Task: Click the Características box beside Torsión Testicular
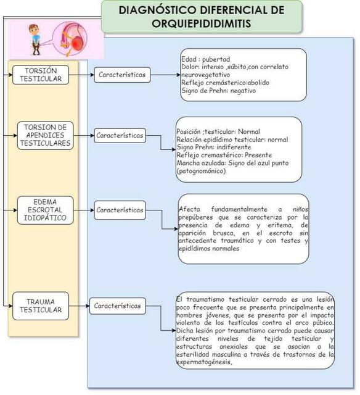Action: [122, 75]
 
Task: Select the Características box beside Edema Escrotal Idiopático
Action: [120, 209]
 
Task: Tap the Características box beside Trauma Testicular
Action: [117, 306]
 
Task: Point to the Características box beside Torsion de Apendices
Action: [120, 135]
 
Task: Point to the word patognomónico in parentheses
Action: [202, 170]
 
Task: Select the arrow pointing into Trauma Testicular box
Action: [9, 306]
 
